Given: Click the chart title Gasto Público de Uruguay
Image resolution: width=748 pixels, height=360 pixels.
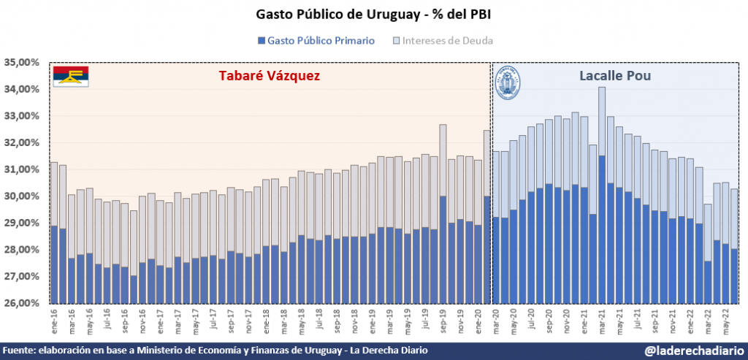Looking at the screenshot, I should coord(373,15).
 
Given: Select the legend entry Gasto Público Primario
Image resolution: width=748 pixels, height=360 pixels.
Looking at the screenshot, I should coord(316,41).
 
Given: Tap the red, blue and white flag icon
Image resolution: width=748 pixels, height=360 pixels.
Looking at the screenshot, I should coord(71,76).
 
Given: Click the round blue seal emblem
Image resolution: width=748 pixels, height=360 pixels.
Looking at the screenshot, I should coord(508,84).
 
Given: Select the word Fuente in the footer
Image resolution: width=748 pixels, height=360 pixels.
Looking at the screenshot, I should coord(20,351).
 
